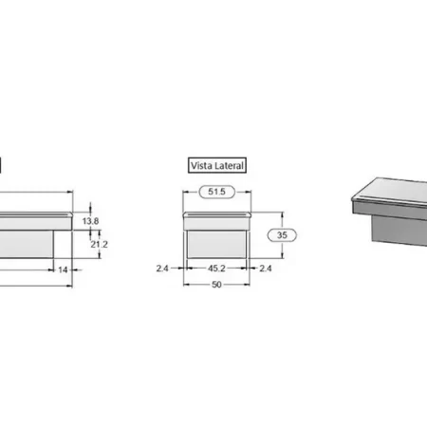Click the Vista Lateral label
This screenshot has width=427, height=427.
[x=217, y=165]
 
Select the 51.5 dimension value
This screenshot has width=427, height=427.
[x=217, y=193]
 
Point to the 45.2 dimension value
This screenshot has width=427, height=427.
[x=216, y=269]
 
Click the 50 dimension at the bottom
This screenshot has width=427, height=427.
[x=216, y=285]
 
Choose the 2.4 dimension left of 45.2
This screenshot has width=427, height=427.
[x=164, y=269]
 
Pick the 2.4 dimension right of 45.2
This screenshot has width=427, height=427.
[x=267, y=269]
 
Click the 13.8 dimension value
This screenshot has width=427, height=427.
[x=90, y=221]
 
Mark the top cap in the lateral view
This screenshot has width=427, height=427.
[x=216, y=219]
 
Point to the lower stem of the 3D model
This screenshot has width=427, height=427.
[x=393, y=228]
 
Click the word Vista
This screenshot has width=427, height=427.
[x=202, y=165]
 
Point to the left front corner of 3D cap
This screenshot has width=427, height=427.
[x=353, y=201]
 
